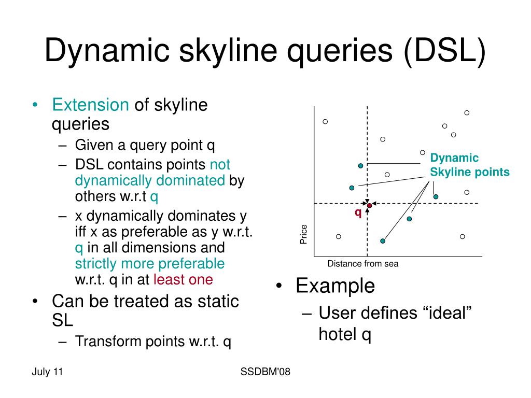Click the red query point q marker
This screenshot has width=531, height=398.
tap(369, 205)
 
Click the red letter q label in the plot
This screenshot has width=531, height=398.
tap(358, 213)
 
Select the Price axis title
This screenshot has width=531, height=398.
tap(303, 234)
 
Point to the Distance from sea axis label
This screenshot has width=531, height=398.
tap(362, 264)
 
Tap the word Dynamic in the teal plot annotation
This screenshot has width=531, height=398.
tap(454, 158)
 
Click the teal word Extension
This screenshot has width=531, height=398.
tap(90, 105)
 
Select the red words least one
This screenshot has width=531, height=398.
tap(183, 279)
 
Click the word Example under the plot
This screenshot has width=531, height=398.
tap(336, 286)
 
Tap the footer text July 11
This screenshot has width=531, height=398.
tap(47, 372)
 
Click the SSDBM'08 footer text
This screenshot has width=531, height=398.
tap(265, 372)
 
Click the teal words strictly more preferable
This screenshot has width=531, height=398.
tap(150, 264)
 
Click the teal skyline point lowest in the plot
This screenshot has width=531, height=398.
tap(383, 241)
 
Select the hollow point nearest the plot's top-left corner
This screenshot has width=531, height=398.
tap(325, 121)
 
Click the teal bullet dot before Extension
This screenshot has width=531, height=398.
tap(35, 105)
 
